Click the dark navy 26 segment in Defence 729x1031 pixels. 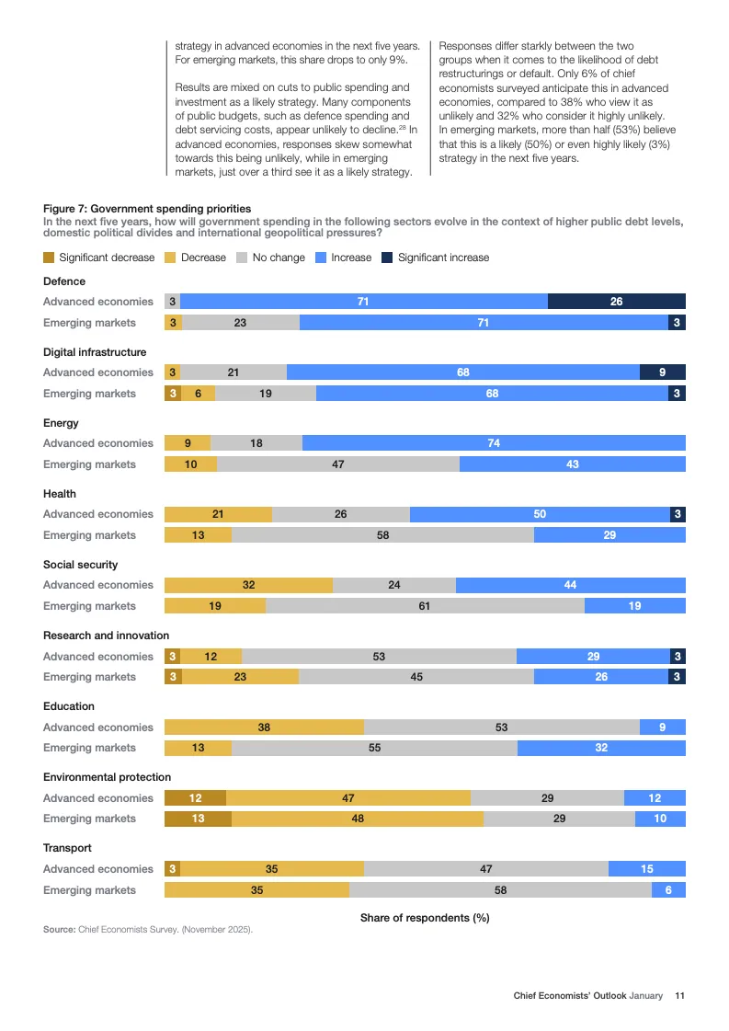pos(616,302)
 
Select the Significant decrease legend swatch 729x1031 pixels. pos(49,258)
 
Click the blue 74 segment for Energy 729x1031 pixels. pos(494,443)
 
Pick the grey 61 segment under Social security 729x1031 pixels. pos(425,606)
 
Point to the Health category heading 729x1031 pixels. pos(60,494)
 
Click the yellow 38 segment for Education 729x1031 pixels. pos(264,727)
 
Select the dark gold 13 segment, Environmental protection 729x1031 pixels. pos(198,819)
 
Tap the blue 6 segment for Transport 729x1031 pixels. pos(668,890)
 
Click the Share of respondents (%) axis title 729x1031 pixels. pos(425,918)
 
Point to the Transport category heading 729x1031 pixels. pos(67,848)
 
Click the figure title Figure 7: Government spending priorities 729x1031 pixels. pos(147,209)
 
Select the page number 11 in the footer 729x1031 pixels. pos(680,995)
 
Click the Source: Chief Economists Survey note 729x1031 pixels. pos(147,930)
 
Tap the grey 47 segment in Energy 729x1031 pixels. pos(338,464)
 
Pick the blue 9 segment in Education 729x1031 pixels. pos(663,727)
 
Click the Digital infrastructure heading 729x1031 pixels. pos(95,352)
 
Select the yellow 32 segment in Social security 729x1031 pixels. pos(248,585)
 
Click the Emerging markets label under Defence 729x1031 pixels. pos(89,323)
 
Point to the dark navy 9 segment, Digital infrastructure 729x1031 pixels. pos(663,372)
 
